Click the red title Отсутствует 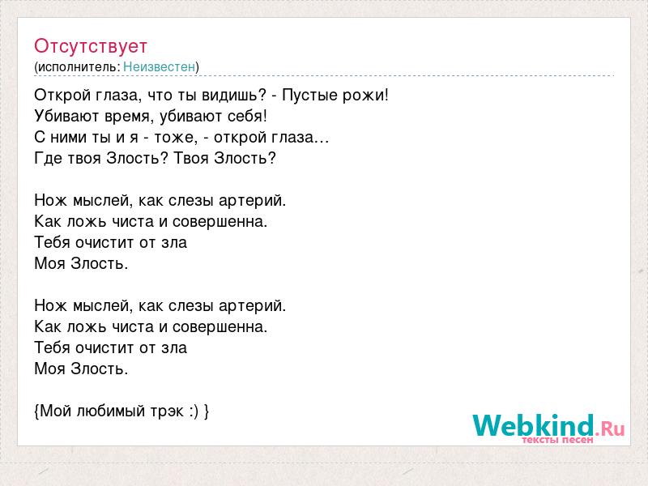(91, 46)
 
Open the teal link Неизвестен (159, 66)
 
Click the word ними (68, 138)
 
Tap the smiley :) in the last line (194, 411)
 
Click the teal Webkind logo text (533, 425)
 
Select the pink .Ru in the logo (610, 429)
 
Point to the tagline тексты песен (557, 440)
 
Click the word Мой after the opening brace (56, 411)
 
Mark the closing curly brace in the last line (207, 411)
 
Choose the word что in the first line (160, 96)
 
